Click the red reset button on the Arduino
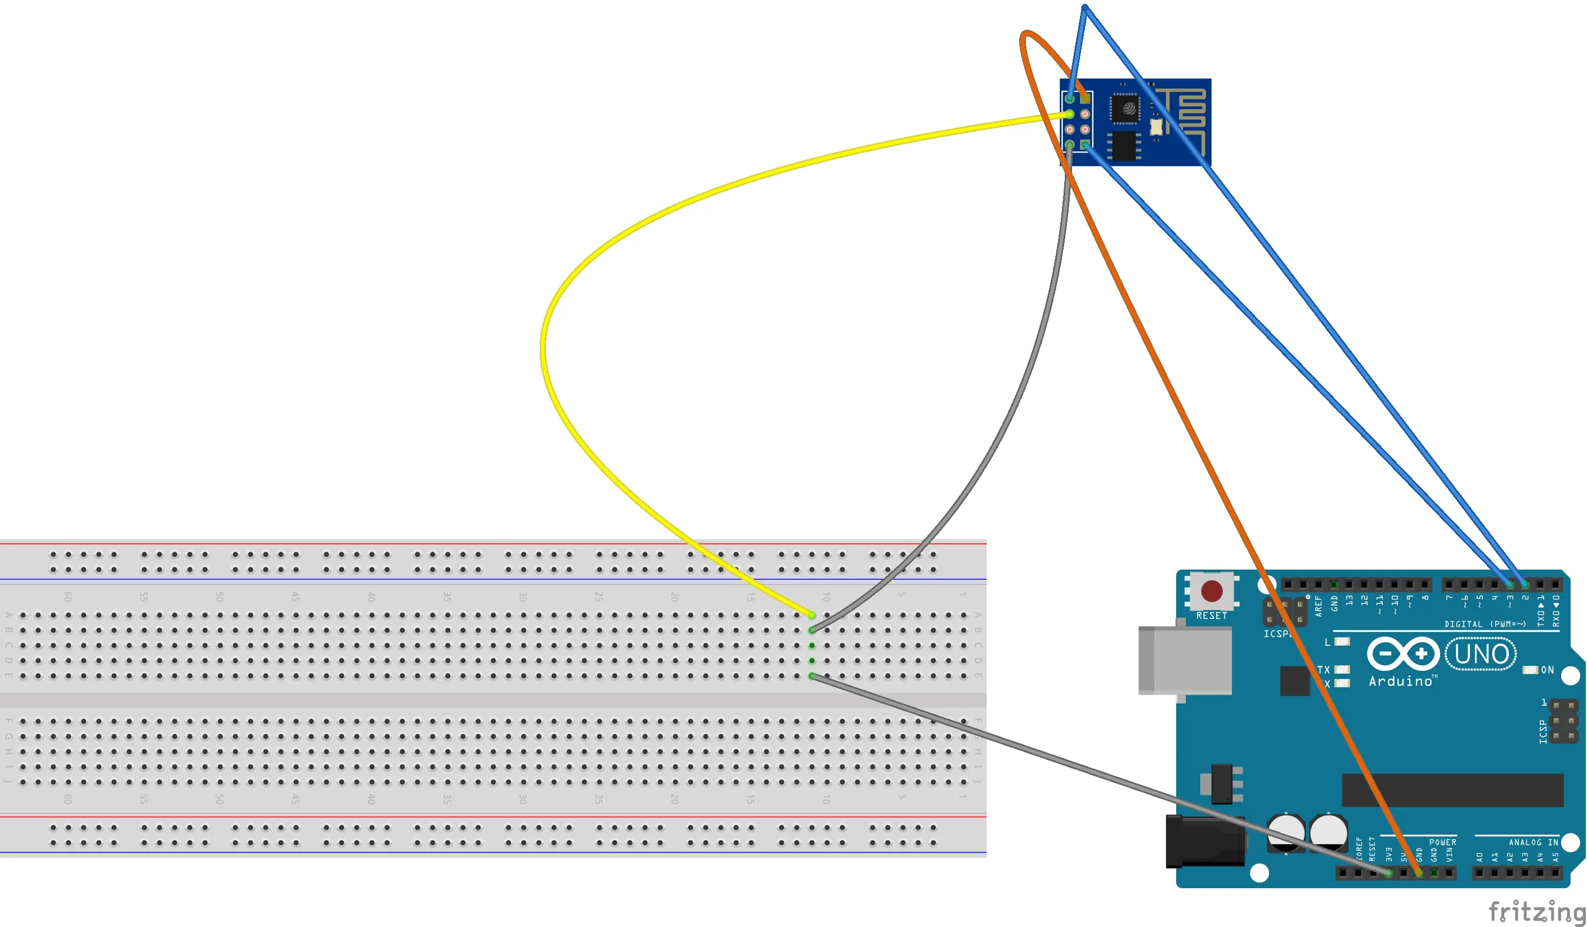[1212, 591]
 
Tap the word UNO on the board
[1481, 655]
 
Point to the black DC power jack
[1204, 841]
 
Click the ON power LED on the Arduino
[1530, 669]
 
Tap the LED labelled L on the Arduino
[1342, 642]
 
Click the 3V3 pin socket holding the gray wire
[1389, 873]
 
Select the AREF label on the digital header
[1318, 606]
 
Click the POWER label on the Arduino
[1442, 842]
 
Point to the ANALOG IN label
[1533, 842]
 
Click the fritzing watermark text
[1536, 911]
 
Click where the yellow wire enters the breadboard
[812, 615]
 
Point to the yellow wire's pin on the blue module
[1070, 114]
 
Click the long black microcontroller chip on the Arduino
[1452, 790]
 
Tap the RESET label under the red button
[1212, 615]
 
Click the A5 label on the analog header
[1555, 857]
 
